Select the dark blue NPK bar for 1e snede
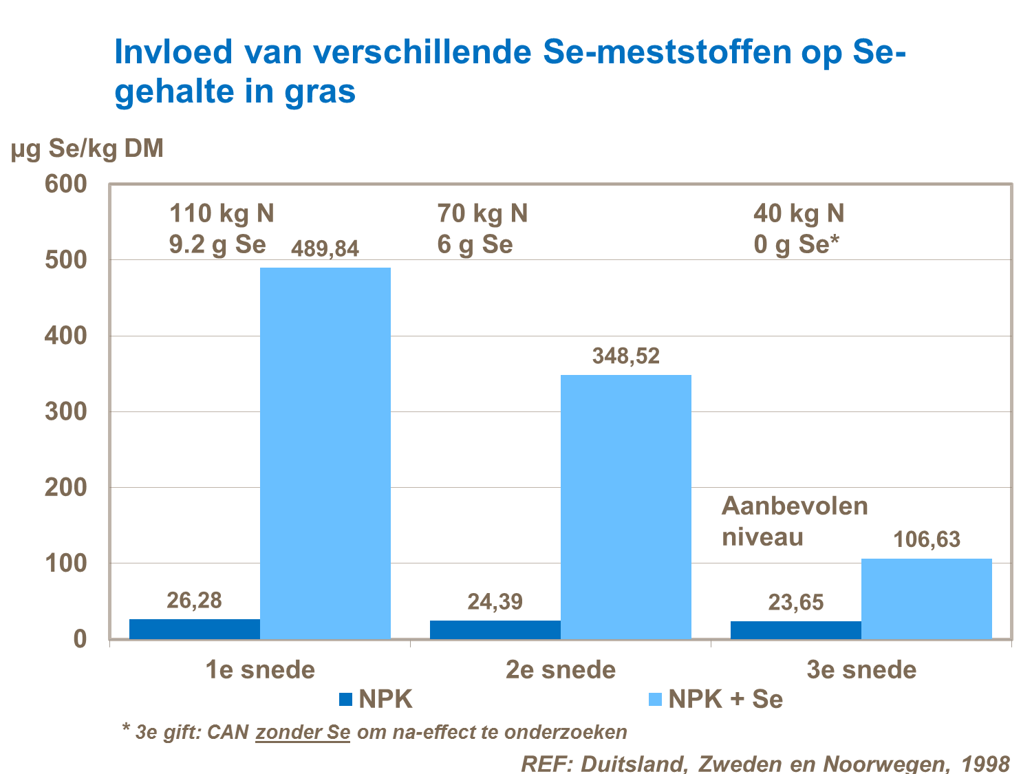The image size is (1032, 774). coord(195,629)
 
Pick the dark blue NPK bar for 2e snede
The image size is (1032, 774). coord(495,630)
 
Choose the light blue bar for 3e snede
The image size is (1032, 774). coord(927,599)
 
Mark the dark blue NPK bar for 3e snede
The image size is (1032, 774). coord(796,630)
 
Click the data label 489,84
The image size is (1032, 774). coord(325,248)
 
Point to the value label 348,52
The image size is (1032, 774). coord(626,356)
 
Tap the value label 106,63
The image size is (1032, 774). coord(927,539)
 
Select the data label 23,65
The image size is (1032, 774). coord(796,603)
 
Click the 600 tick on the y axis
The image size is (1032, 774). coord(66,184)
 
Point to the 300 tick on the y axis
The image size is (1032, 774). coord(66,411)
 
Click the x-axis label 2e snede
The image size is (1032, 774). coord(561,669)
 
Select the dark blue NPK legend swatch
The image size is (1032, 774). coord(345,700)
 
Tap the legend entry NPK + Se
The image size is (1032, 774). coord(725,699)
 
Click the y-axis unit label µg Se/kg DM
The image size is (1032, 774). coord(87,148)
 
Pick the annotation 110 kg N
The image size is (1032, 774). coord(222,213)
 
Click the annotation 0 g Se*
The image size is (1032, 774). coord(797,244)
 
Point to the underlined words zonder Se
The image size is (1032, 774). coord(303,732)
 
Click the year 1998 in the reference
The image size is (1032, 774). coord(985,764)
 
